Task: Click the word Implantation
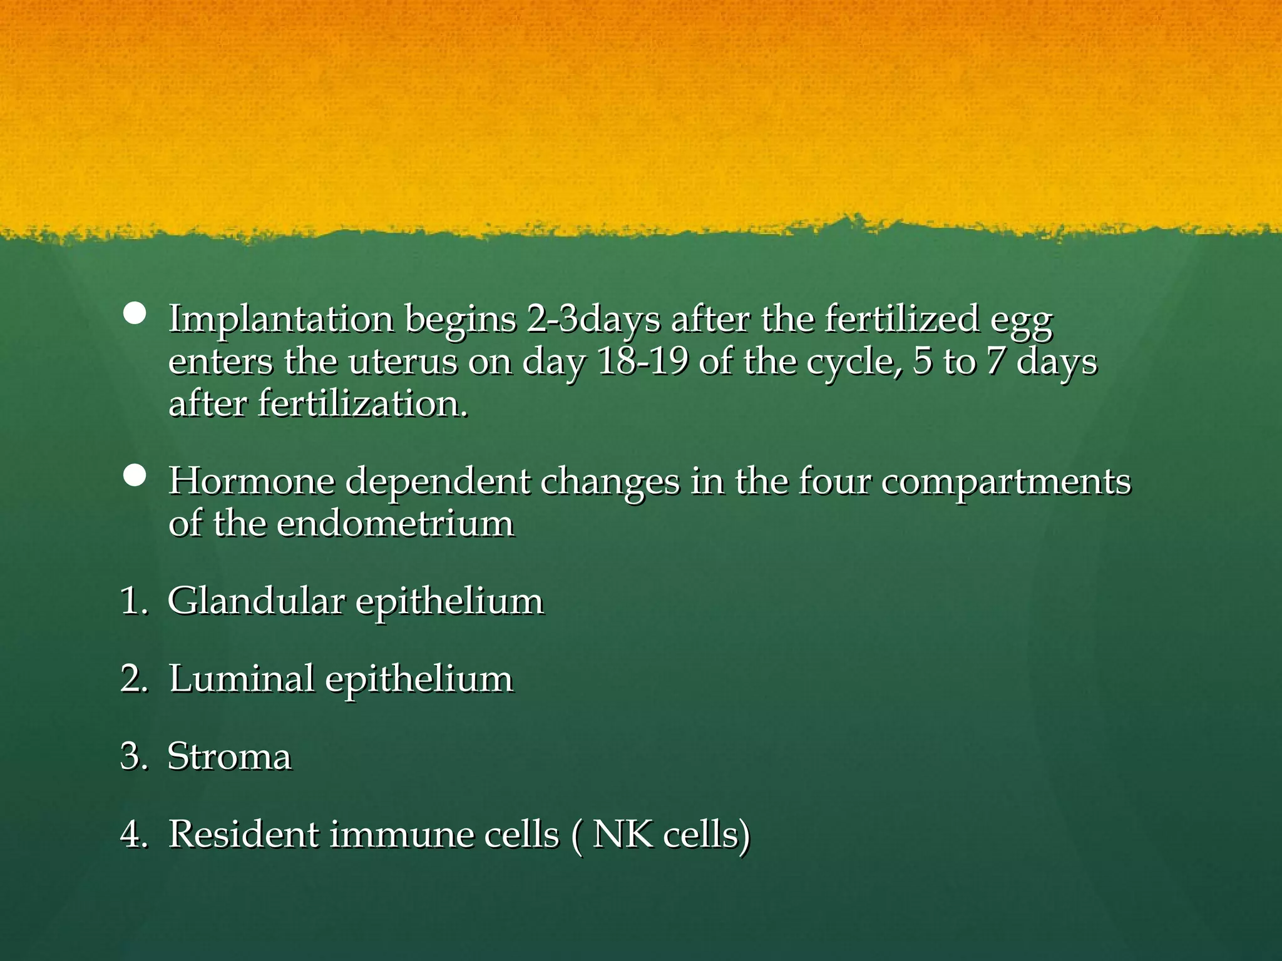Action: point(281,319)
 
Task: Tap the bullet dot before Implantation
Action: point(135,313)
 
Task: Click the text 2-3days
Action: point(593,319)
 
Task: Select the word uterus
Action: point(403,362)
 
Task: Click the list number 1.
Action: point(131,601)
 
